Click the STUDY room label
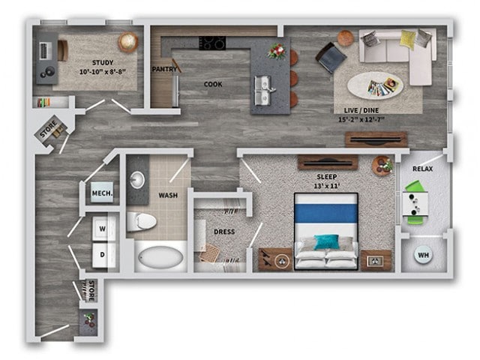click(x=103, y=62)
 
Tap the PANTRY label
click(x=163, y=69)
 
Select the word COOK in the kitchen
click(x=213, y=84)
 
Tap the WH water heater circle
click(x=423, y=256)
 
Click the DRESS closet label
click(x=224, y=232)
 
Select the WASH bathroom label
click(x=167, y=196)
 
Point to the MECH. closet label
click(x=102, y=193)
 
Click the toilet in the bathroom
click(x=140, y=220)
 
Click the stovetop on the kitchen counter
click(x=211, y=43)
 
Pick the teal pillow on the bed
click(x=325, y=241)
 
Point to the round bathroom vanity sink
click(x=138, y=179)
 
